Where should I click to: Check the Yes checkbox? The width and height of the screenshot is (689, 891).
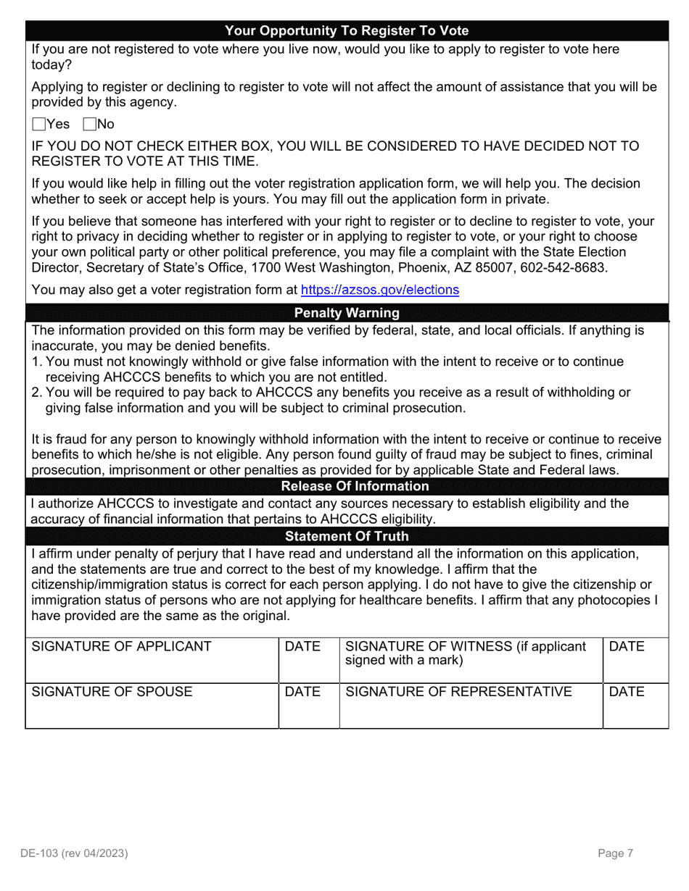tap(39, 124)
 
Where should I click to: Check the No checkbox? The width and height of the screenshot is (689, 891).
tap(90, 124)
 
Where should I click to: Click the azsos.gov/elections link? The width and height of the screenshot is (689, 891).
tap(379, 290)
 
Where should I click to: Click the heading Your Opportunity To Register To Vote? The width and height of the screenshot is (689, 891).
tap(347, 30)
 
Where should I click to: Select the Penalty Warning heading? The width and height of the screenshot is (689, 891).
tap(347, 313)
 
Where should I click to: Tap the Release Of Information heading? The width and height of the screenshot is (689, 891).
tap(355, 486)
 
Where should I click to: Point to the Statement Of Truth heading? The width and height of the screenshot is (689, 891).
tap(347, 536)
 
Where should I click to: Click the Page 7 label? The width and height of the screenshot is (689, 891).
tap(616, 853)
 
